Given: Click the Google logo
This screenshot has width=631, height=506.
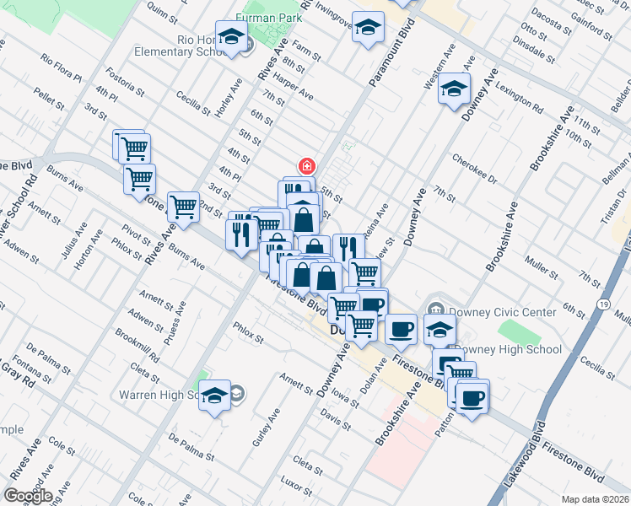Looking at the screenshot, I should [x=27, y=496].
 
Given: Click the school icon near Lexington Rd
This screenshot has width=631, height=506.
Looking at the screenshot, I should [x=454, y=89].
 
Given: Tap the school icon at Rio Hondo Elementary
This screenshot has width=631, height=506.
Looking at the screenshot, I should [x=231, y=37].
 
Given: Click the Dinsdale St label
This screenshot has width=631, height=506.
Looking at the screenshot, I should [x=538, y=55].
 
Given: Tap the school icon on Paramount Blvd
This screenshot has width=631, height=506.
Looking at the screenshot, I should [x=368, y=30].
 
